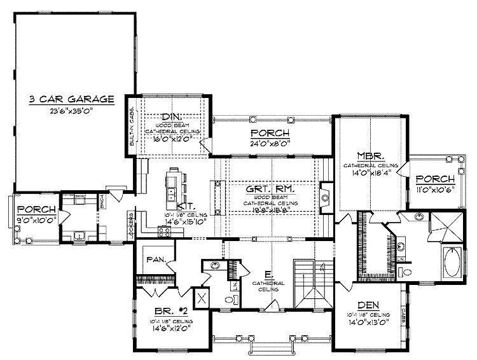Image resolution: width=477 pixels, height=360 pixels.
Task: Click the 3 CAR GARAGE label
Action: pos(71,99)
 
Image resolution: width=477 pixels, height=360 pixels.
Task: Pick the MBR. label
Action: pos(369,156)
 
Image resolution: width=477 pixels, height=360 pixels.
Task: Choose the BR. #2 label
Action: pos(172,312)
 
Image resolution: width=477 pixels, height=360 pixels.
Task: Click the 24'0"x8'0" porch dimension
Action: pos(270,143)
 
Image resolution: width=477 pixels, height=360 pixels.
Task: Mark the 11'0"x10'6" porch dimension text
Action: pos(434,190)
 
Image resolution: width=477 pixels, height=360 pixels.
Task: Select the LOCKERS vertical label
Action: pos(130,225)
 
